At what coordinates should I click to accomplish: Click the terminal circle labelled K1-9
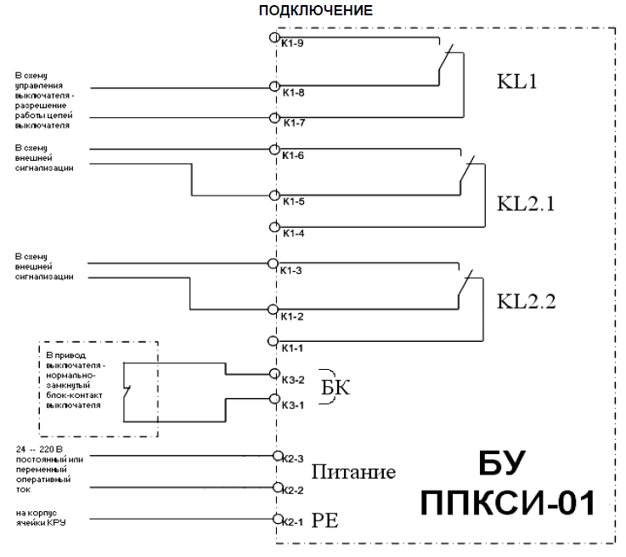pyautogui.click(x=274, y=38)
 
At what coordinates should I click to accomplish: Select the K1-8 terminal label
pyautogui.click(x=295, y=93)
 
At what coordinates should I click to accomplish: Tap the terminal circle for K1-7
pyautogui.click(x=274, y=118)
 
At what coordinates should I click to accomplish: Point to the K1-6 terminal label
pyautogui.click(x=295, y=157)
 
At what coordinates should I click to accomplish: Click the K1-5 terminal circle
pyautogui.click(x=274, y=195)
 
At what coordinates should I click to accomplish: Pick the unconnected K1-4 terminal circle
pyautogui.click(x=274, y=227)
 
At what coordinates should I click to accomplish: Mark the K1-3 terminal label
pyautogui.click(x=295, y=270)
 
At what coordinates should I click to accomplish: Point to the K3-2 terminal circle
pyautogui.click(x=274, y=372)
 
